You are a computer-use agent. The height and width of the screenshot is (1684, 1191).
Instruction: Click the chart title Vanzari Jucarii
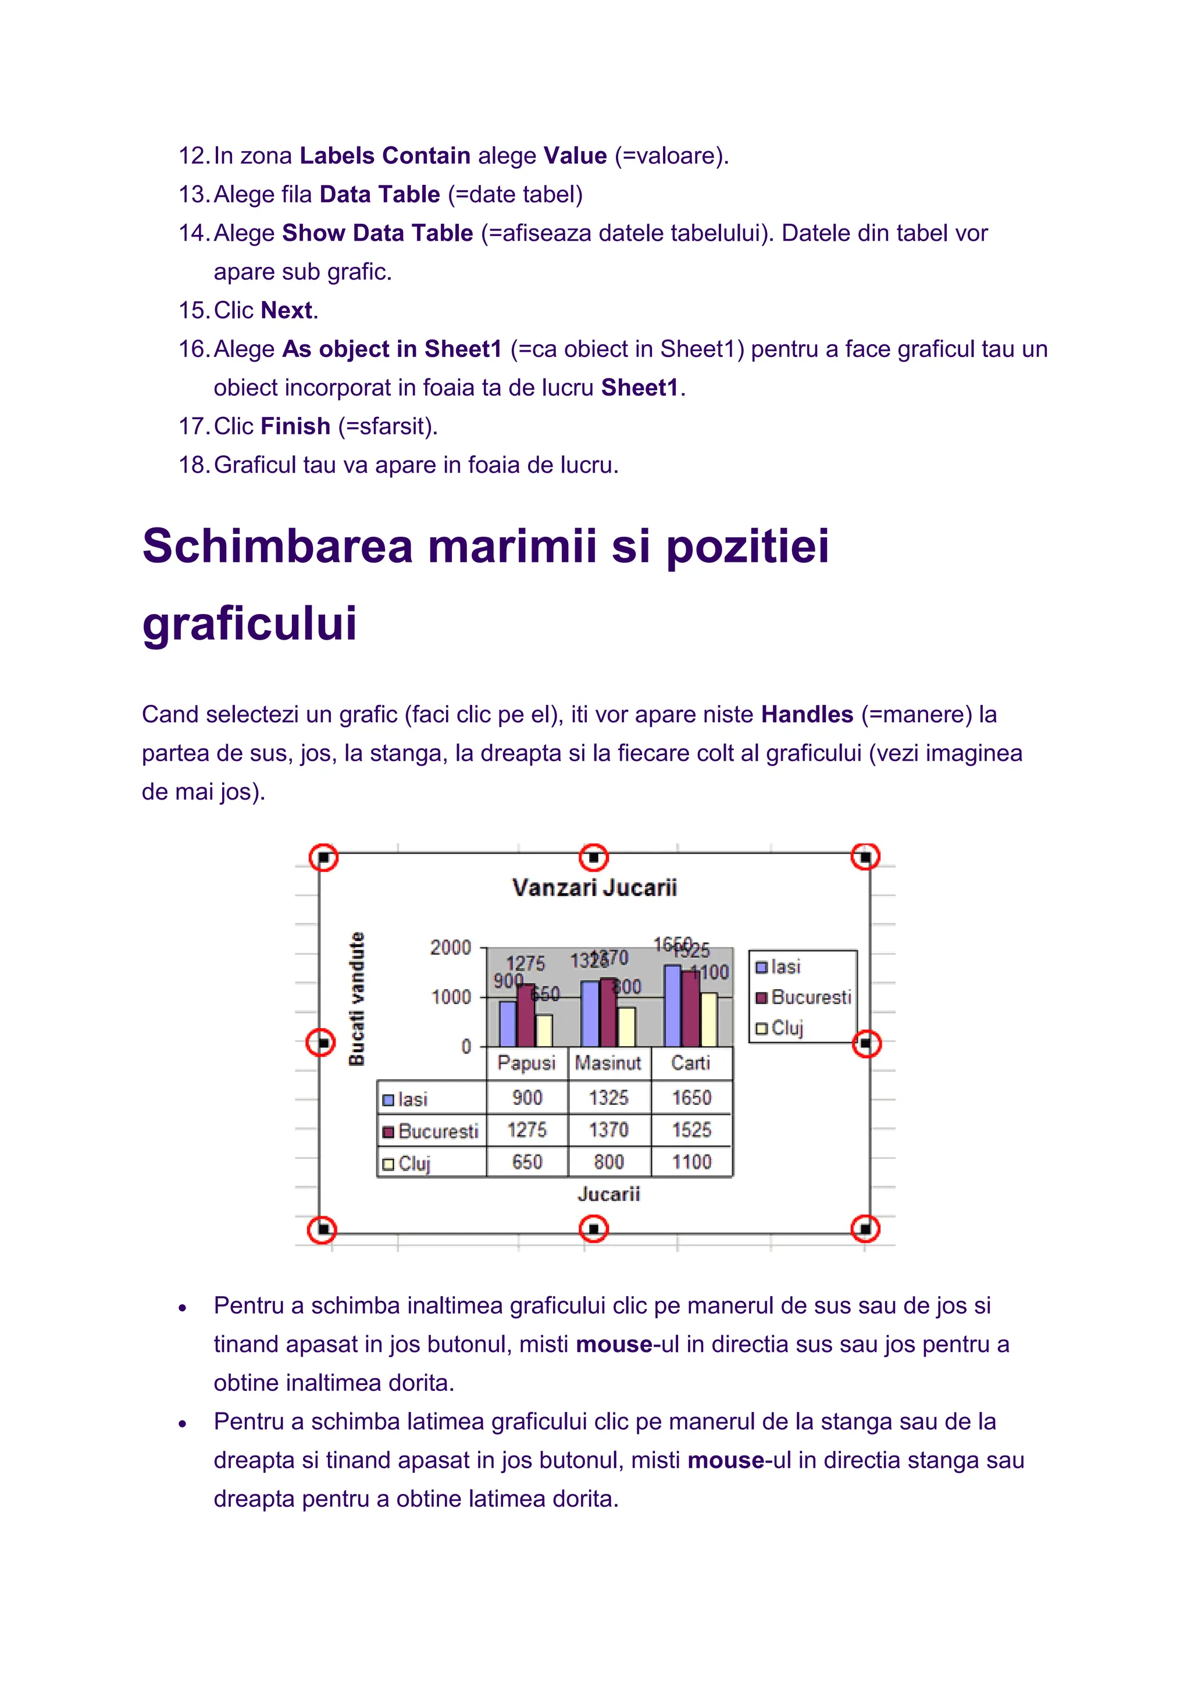click(594, 887)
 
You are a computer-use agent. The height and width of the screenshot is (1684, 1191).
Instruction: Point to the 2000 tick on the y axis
click(450, 948)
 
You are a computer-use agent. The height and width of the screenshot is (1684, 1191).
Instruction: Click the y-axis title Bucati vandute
click(356, 999)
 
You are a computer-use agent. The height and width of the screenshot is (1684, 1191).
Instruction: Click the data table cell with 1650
click(691, 1098)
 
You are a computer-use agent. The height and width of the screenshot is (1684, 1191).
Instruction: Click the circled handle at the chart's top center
click(593, 857)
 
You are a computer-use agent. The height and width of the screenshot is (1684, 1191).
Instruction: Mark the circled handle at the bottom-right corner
click(865, 1229)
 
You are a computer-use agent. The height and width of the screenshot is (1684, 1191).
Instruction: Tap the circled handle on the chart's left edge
click(320, 1042)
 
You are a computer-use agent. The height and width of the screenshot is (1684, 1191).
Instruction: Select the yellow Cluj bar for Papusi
click(544, 1030)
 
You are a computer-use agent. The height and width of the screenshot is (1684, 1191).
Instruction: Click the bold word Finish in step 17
click(295, 426)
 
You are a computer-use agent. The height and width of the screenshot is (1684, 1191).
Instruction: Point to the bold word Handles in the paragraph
click(807, 715)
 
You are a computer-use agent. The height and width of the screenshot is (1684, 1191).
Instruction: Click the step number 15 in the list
click(194, 311)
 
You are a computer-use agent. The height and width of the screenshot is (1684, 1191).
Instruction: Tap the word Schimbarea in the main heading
click(277, 547)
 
